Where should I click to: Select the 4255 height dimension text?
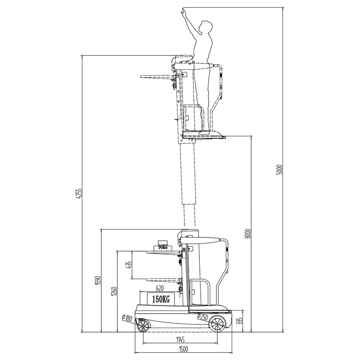(80, 194)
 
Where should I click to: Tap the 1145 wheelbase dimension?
(181, 339)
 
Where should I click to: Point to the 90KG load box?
(162, 247)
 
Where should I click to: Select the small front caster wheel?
(143, 325)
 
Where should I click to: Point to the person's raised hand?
(184, 11)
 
